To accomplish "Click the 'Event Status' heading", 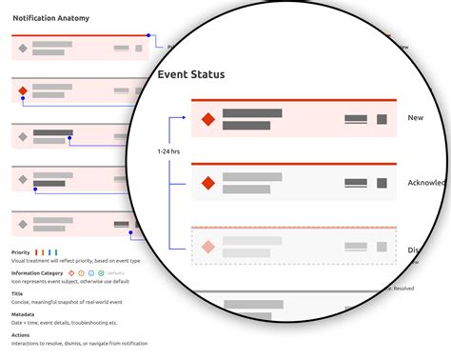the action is point(191,74).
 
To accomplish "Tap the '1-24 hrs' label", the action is point(167,150).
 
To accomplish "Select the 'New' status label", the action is point(415,118).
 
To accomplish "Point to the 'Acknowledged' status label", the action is point(428,183).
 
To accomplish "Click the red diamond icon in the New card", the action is point(207,119).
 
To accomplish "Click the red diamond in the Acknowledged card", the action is point(207,182).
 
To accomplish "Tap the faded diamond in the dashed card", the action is point(207,247).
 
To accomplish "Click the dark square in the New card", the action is point(382,119).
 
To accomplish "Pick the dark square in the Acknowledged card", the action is point(382,182).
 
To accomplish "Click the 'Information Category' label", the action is point(39,272).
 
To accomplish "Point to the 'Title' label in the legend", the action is point(18,292).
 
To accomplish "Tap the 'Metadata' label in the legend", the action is point(23,313).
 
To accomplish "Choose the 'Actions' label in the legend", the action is point(21,334).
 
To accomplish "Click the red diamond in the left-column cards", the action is point(23,92).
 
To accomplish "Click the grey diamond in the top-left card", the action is point(23,46).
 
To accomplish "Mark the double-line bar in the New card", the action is point(356,119).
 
